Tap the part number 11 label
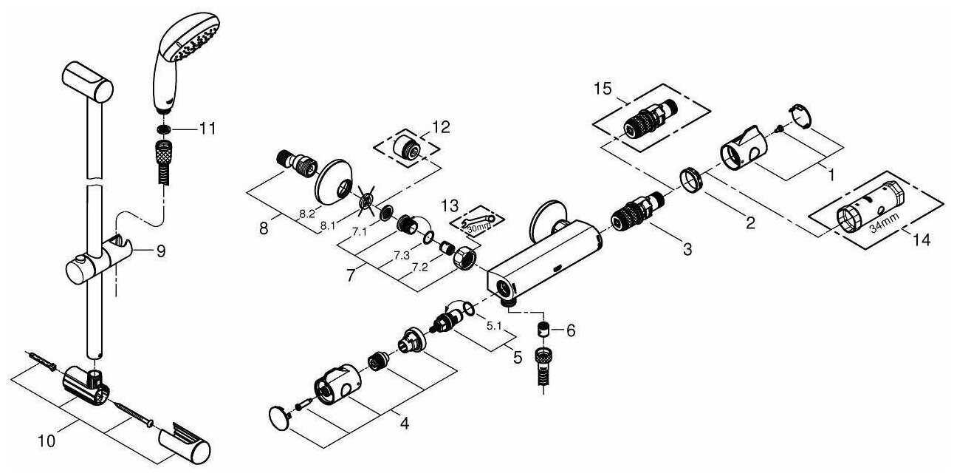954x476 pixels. [x=208, y=129]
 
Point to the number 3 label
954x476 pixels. [x=687, y=249]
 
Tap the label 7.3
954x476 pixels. [x=402, y=255]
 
